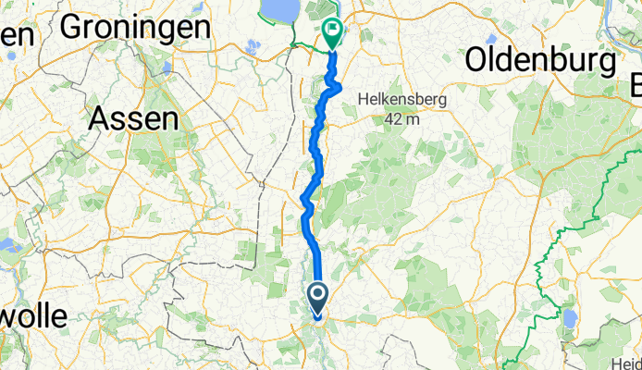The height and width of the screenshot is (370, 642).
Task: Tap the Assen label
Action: (x=134, y=117)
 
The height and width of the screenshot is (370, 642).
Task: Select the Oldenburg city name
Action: (x=541, y=62)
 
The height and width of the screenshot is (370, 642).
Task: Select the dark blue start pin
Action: (x=317, y=299)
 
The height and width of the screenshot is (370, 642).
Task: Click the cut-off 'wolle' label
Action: (x=33, y=317)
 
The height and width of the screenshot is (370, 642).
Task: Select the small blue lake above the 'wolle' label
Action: (x=9, y=247)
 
